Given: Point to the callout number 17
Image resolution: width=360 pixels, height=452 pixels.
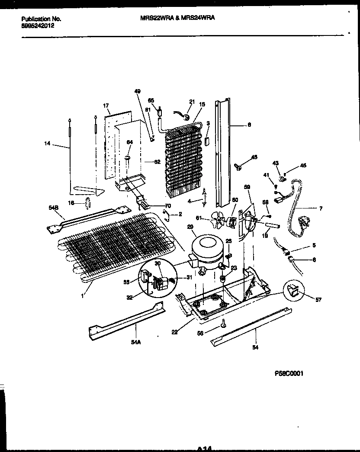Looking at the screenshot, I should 106,105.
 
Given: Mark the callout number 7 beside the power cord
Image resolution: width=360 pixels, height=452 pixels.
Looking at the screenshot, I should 321,209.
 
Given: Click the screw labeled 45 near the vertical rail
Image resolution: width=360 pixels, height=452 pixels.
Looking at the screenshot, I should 238,166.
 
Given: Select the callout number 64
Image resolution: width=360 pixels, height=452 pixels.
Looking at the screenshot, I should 129,142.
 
